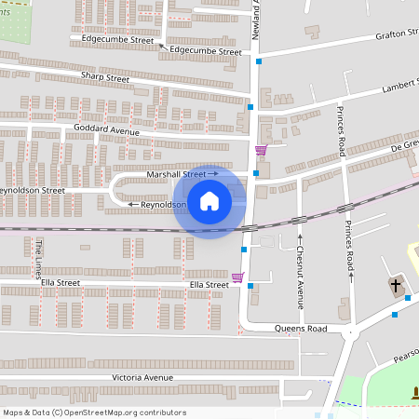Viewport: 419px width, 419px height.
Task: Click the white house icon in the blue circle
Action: pyautogui.click(x=209, y=200)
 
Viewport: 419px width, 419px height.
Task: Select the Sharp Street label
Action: pyautogui.click(x=104, y=78)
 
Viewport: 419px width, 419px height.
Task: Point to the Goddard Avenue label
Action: pyautogui.click(x=107, y=131)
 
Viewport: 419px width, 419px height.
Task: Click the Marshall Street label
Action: pyautogui.click(x=177, y=174)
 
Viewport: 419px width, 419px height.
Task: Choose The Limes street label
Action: pyautogui.click(x=40, y=258)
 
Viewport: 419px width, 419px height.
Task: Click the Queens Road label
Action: pyautogui.click(x=301, y=329)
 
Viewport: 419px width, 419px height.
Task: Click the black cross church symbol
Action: pyautogui.click(x=396, y=285)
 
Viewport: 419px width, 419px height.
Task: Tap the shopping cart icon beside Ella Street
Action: pyautogui.click(x=237, y=277)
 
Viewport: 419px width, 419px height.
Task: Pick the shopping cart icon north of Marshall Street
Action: pyautogui.click(x=261, y=150)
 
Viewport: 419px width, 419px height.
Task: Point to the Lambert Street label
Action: pyautogui.click(x=400, y=87)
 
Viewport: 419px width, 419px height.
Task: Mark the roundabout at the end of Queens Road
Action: pyautogui.click(x=350, y=332)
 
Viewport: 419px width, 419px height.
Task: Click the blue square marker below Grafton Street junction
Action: pyautogui.click(x=259, y=61)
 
